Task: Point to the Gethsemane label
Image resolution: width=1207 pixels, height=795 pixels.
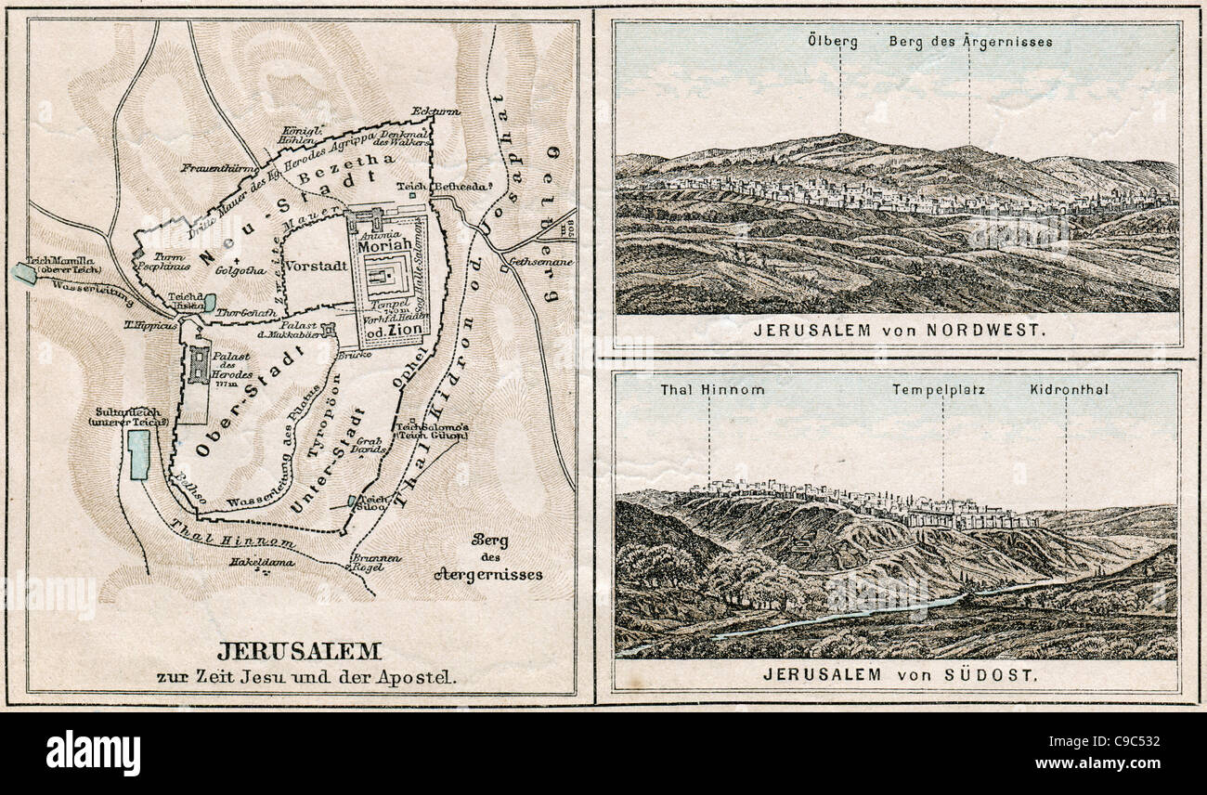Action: click(x=539, y=263)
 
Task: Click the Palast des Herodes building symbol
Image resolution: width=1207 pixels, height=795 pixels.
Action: click(x=199, y=365)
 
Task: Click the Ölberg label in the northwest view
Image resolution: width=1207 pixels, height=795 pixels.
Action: click(x=833, y=42)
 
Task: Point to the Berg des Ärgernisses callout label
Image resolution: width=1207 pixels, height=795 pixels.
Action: click(x=970, y=42)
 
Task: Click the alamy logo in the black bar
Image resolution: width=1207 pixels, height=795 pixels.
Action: click(x=93, y=752)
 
